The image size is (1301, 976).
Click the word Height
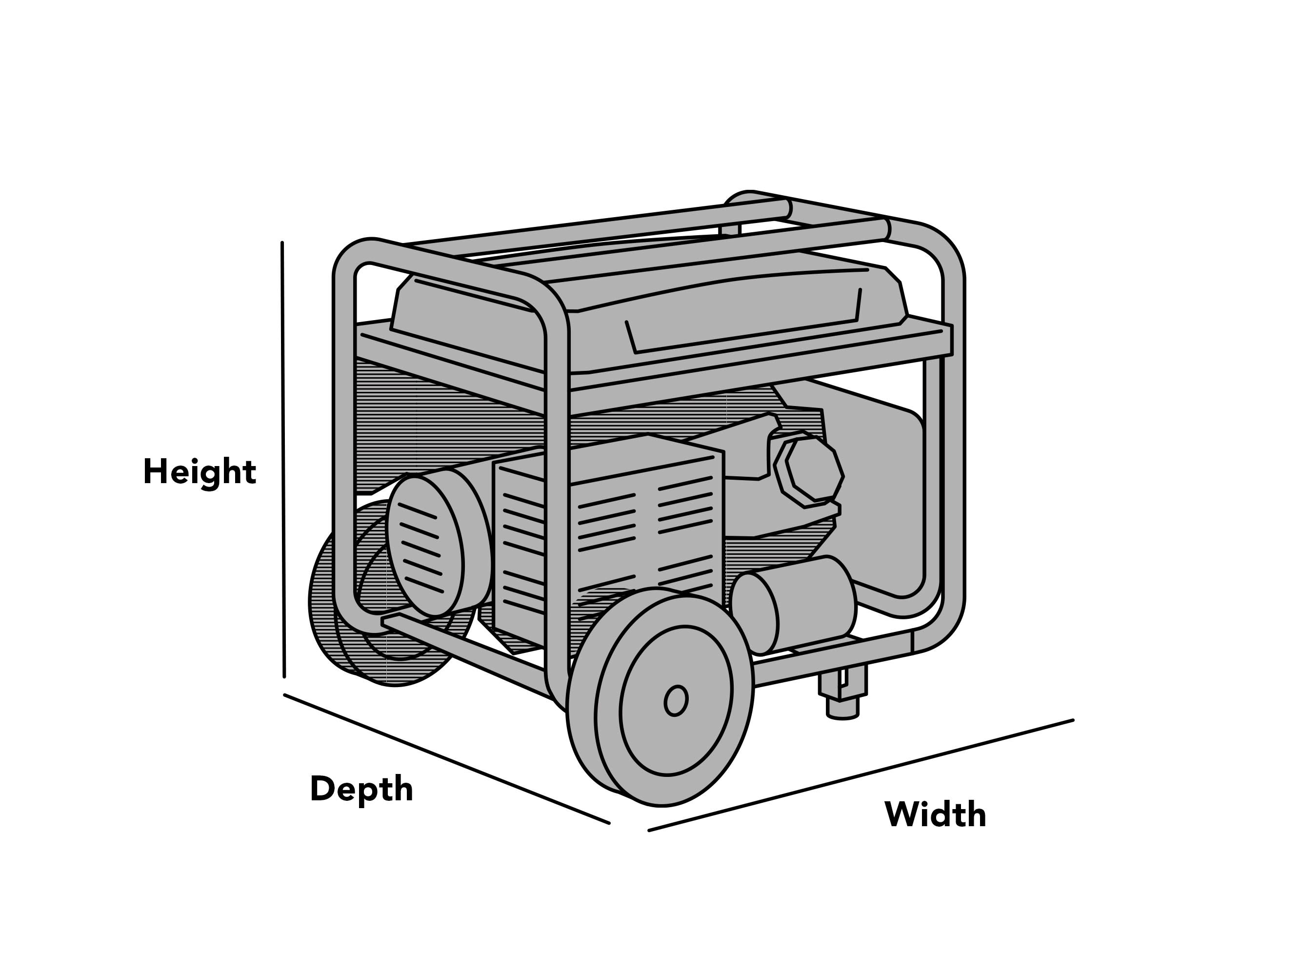pos(200,472)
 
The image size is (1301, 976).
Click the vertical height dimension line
pos(283,459)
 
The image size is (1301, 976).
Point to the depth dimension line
pos(447,759)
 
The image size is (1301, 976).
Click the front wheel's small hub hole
pos(676,701)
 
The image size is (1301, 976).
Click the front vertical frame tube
pos(557,500)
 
